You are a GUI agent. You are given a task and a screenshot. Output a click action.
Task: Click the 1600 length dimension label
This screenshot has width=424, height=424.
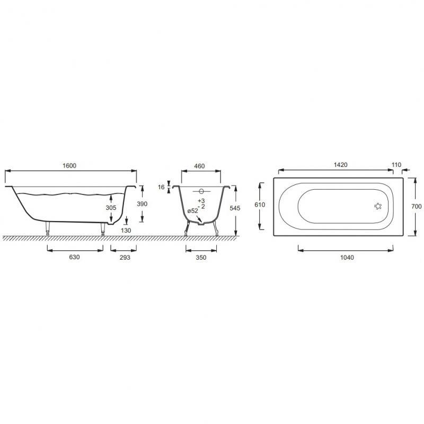pyautogui.click(x=69, y=165)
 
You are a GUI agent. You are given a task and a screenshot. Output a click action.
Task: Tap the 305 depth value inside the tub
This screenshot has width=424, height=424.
pyautogui.click(x=111, y=208)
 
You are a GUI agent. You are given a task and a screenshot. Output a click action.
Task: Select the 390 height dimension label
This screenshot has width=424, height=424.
pyautogui.click(x=142, y=204)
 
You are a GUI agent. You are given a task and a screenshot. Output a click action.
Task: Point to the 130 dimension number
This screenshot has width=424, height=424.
pyautogui.click(x=126, y=231)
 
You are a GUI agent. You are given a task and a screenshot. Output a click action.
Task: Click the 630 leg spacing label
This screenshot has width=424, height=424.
pyautogui.click(x=74, y=257)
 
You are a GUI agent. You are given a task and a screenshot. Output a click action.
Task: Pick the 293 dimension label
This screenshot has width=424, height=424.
pyautogui.click(x=125, y=258)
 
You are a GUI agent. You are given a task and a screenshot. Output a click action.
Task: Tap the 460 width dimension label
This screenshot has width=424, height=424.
pyautogui.click(x=200, y=166)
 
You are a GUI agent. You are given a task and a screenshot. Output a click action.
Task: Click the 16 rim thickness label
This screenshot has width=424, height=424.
pyautogui.click(x=162, y=187)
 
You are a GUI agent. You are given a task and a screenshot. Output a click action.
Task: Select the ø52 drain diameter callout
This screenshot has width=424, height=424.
pyautogui.click(x=192, y=211)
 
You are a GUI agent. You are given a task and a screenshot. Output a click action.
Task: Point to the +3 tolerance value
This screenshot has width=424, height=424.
pyautogui.click(x=201, y=201)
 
